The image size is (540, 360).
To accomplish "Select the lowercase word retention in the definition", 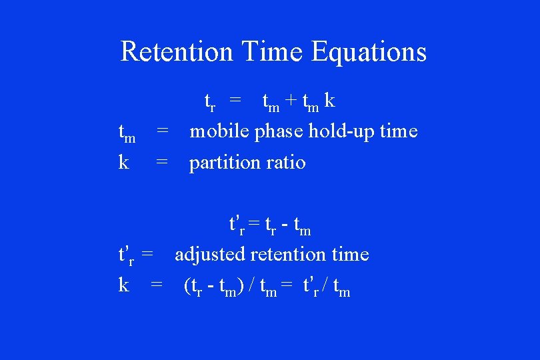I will (291, 254).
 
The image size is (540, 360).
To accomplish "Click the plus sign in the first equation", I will (291, 101).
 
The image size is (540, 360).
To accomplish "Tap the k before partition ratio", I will (123, 162).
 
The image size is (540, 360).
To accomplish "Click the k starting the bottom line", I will (123, 285).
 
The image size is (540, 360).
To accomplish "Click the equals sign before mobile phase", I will (162, 131).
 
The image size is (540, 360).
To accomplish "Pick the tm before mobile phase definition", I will (127, 133).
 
